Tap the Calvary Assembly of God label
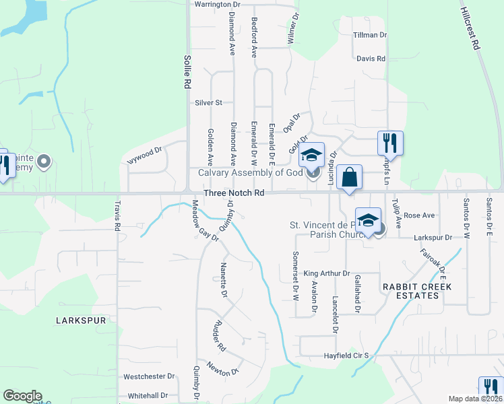click(249, 172)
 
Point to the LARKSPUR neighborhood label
click(81, 321)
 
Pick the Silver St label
click(208, 103)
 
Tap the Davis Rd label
click(371, 59)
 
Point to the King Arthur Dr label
click(327, 273)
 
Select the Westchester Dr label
click(149, 376)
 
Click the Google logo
click(22, 396)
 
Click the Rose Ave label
click(418, 215)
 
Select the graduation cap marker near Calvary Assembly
click(311, 156)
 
